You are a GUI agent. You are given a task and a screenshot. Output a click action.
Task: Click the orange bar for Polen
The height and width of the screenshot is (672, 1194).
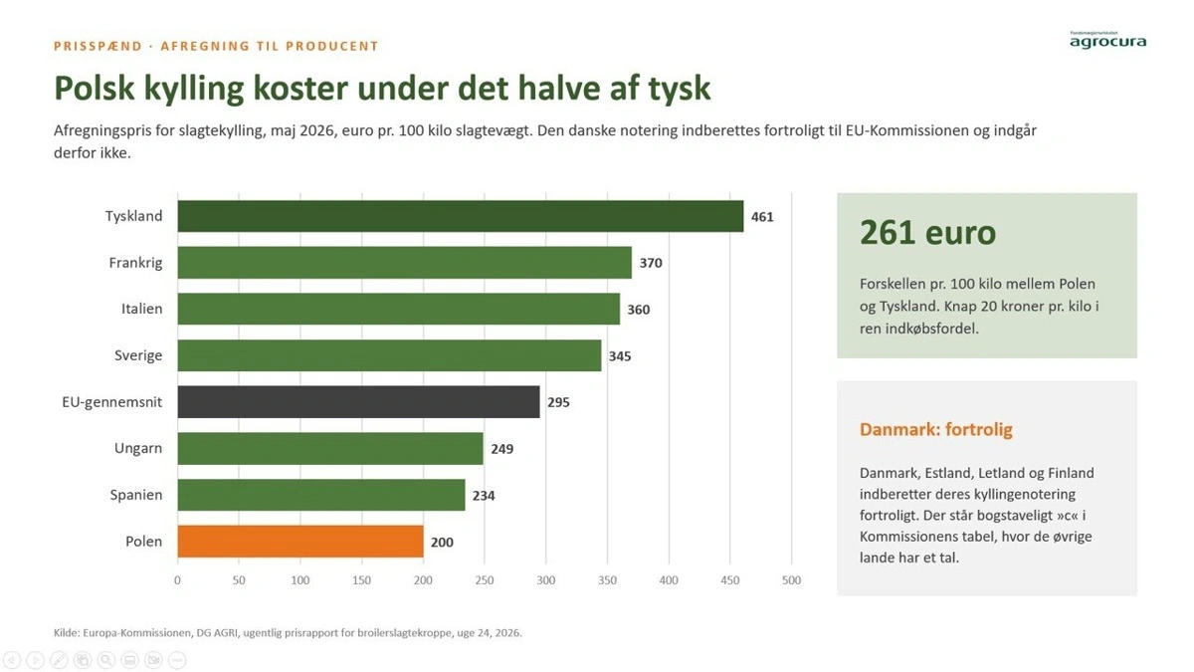pyautogui.click(x=300, y=542)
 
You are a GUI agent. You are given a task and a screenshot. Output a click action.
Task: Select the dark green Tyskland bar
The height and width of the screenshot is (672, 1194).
pyautogui.click(x=461, y=216)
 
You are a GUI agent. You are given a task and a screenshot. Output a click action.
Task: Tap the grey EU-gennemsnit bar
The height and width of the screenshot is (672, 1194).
pyautogui.click(x=359, y=401)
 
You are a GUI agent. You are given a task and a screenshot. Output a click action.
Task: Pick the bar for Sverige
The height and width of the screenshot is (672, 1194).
pyautogui.click(x=390, y=355)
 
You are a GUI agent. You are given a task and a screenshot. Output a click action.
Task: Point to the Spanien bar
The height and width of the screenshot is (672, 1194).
pyautogui.click(x=321, y=495)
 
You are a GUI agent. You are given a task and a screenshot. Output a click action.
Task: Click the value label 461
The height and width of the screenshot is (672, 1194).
pyautogui.click(x=762, y=217)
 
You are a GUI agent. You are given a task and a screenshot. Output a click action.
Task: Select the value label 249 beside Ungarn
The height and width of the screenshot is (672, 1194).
pyautogui.click(x=502, y=449)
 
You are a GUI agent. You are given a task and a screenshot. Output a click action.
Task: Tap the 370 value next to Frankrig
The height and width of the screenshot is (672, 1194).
pyautogui.click(x=651, y=263)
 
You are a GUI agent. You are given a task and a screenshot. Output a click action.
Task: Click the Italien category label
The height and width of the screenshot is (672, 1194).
pyautogui.click(x=141, y=309)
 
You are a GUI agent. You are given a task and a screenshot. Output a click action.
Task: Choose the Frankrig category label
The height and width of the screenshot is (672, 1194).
pyautogui.click(x=135, y=263)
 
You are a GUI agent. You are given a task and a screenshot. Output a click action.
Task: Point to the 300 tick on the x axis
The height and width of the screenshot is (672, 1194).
pyautogui.click(x=546, y=580)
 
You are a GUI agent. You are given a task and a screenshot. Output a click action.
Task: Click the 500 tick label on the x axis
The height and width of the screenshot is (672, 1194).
pyautogui.click(x=792, y=580)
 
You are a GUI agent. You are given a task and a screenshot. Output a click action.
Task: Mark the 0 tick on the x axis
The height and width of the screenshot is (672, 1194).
pyautogui.click(x=177, y=580)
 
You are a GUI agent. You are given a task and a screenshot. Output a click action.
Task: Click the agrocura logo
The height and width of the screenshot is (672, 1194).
pyautogui.click(x=1107, y=40)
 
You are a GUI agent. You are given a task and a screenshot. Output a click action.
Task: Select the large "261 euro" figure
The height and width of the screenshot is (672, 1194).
pyautogui.click(x=927, y=233)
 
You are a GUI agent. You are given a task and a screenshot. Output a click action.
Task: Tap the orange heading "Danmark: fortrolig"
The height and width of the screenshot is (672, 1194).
pyautogui.click(x=936, y=429)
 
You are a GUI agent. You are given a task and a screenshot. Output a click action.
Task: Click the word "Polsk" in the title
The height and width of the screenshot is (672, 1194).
pyautogui.click(x=95, y=88)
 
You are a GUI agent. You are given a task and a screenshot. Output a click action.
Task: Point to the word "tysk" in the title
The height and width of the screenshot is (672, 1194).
pyautogui.click(x=680, y=89)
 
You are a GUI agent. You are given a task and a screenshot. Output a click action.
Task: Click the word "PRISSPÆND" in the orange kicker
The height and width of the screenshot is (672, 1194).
pyautogui.click(x=99, y=46)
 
